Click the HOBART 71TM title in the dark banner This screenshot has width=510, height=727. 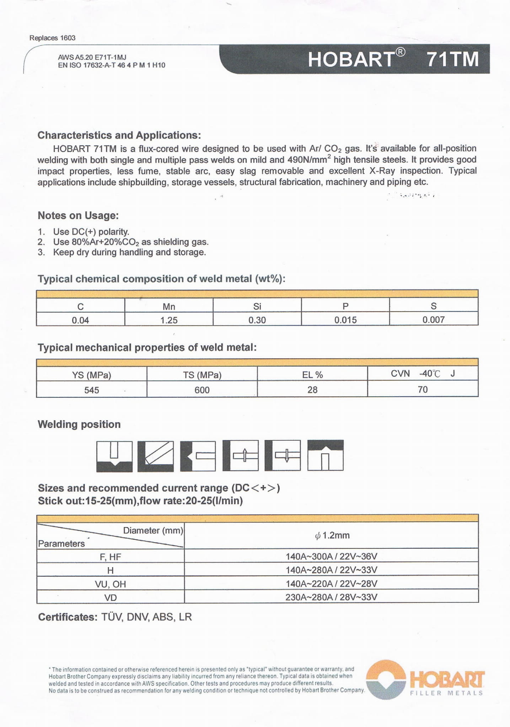393,59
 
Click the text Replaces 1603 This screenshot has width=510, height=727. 52,38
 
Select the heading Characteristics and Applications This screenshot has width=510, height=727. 119,135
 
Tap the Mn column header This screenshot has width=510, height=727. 169,306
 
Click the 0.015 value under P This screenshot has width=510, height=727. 345,320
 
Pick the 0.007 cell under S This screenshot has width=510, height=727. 433,320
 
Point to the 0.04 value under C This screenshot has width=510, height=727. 80,320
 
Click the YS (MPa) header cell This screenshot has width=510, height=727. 91,375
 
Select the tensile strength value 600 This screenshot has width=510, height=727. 202,390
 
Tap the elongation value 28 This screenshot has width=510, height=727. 312,390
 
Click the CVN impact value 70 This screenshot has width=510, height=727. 423,390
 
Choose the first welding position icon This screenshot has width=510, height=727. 114,456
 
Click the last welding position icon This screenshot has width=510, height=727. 325,456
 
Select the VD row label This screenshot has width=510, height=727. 110,598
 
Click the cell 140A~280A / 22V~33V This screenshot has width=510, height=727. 331,570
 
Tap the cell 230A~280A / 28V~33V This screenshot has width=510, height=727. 331,597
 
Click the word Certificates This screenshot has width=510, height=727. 67,617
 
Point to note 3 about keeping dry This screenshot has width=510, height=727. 129,253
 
